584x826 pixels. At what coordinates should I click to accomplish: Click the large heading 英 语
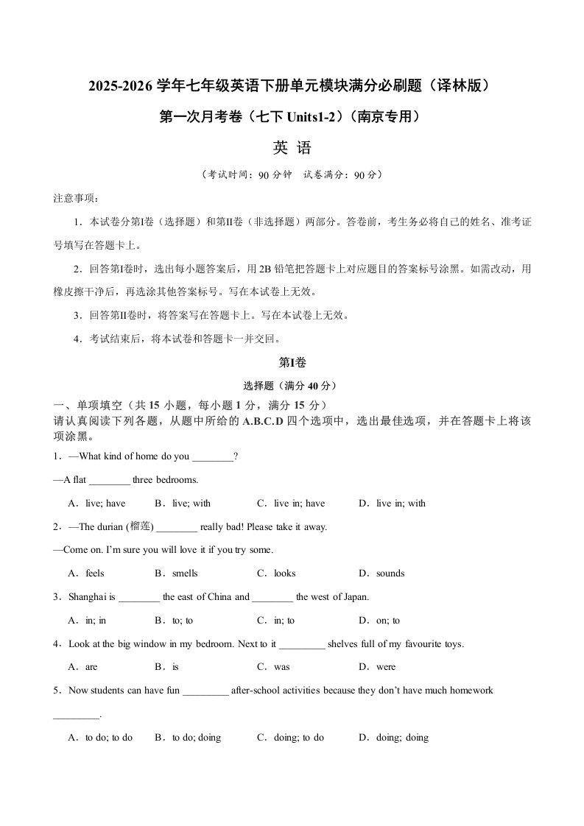click(x=292, y=148)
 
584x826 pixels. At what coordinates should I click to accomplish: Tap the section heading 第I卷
click(x=292, y=362)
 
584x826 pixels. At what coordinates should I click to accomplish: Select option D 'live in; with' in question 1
click(x=393, y=504)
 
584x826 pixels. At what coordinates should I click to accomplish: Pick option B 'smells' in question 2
click(x=177, y=573)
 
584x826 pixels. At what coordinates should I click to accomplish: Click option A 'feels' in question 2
click(x=87, y=573)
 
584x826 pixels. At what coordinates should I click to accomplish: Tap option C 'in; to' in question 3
click(x=276, y=621)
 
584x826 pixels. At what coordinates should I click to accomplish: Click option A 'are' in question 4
click(x=83, y=667)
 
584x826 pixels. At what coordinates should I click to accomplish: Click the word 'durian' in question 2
click(x=108, y=527)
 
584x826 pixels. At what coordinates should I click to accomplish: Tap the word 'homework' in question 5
click(x=469, y=691)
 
